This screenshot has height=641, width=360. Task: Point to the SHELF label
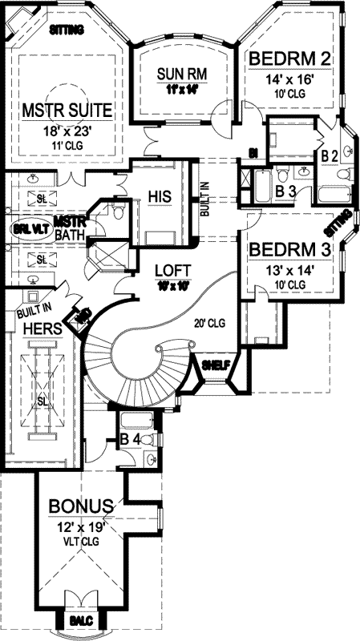click(216, 365)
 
